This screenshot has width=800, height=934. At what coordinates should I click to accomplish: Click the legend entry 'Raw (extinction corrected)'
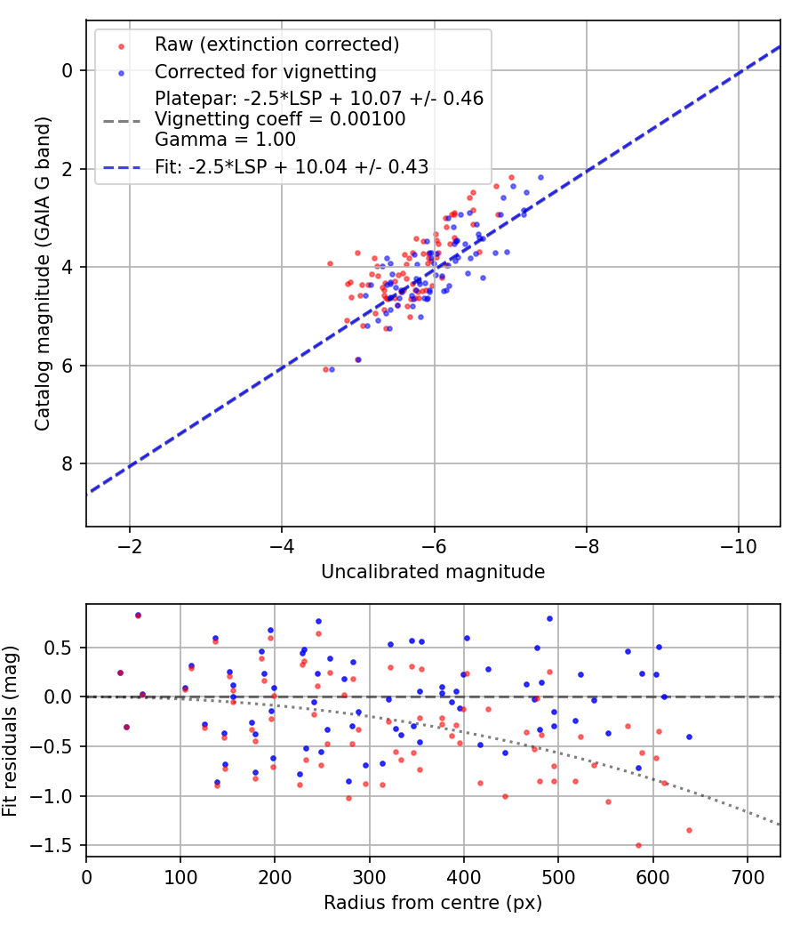(x=276, y=44)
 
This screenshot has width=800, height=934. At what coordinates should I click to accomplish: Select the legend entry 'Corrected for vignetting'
(x=265, y=71)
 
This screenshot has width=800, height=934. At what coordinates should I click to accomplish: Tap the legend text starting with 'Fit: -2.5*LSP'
(x=292, y=166)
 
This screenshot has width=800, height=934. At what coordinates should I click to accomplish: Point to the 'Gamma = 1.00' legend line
(x=225, y=140)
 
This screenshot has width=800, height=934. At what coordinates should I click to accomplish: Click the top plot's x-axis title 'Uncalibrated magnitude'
(x=433, y=572)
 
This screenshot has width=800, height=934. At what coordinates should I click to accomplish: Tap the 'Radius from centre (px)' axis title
(x=433, y=903)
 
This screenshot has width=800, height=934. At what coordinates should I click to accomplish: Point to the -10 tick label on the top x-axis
(x=738, y=545)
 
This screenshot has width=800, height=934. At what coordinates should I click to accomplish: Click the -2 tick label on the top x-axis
(x=130, y=545)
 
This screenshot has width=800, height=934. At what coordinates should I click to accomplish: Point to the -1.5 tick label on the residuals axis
(x=58, y=845)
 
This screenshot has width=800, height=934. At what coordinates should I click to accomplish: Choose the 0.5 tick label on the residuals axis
(x=62, y=647)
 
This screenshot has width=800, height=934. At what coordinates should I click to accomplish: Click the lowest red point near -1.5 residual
(x=638, y=845)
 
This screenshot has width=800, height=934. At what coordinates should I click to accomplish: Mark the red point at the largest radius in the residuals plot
(x=689, y=830)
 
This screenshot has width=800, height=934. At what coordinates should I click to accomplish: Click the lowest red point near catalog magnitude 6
(x=325, y=369)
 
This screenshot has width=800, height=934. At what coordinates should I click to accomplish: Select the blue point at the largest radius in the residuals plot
(x=689, y=737)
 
